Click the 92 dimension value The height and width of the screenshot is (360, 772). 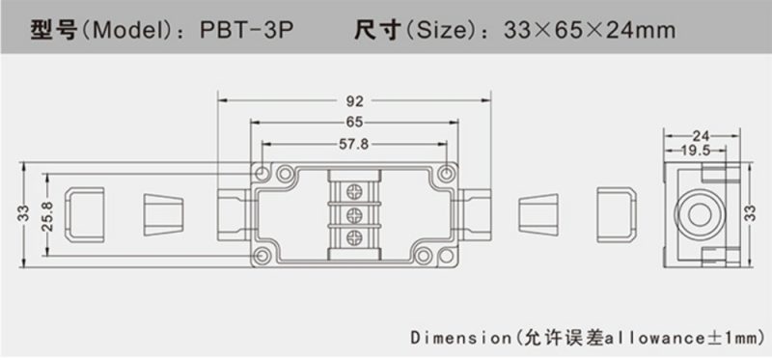tap(354, 101)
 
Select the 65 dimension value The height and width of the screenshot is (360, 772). tap(354, 122)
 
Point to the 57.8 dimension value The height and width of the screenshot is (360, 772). tap(354, 144)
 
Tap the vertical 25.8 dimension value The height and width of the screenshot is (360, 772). tap(47, 215)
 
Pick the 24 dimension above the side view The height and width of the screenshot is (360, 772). tap(702, 135)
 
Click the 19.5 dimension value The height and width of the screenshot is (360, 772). tap(695, 151)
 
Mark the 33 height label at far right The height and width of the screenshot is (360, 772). tap(750, 213)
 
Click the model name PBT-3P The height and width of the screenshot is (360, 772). tap(247, 31)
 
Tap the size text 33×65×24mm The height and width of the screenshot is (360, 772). tap(590, 31)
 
